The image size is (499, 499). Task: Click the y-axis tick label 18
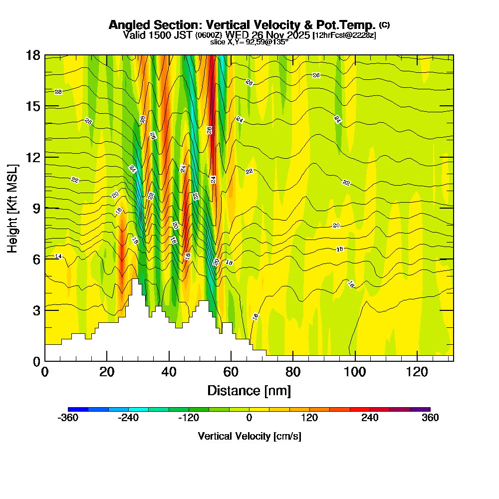point(33,55)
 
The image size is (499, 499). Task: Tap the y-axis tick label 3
point(36,310)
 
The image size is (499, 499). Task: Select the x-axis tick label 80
point(293,372)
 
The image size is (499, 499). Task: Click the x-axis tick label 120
point(417,372)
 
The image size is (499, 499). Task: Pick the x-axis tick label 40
point(169,372)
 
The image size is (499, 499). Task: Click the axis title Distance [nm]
point(249,390)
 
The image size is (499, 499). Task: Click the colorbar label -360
point(68,418)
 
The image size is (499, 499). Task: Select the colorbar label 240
point(370,418)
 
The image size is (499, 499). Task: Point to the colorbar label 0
point(249,418)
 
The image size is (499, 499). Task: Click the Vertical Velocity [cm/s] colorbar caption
point(249,437)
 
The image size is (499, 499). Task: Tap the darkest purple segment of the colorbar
point(420,409)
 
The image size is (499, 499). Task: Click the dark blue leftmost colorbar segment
point(78,409)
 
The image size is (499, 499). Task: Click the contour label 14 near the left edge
point(58,256)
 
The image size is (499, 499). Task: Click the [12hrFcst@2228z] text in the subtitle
point(344,35)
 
